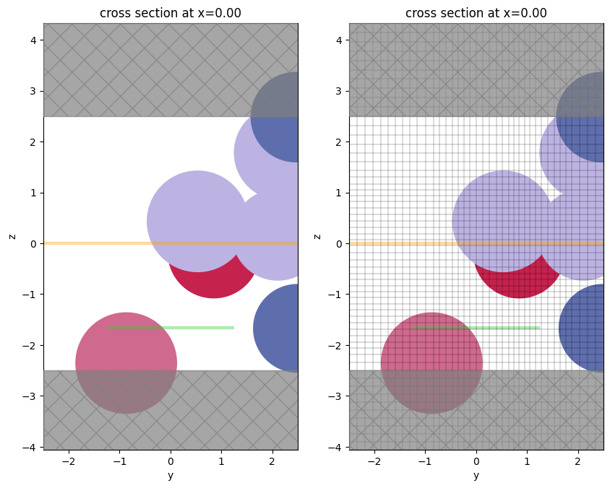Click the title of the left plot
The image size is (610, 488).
click(x=171, y=13)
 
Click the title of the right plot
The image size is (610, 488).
click(x=476, y=13)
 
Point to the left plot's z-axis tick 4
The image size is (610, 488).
click(x=32, y=40)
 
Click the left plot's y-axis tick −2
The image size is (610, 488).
click(x=69, y=461)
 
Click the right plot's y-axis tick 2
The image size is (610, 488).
click(x=577, y=461)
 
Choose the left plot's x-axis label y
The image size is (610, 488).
click(x=171, y=475)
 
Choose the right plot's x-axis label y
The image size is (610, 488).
click(x=476, y=475)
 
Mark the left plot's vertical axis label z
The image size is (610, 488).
click(x=12, y=236)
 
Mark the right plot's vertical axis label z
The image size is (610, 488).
click(x=317, y=236)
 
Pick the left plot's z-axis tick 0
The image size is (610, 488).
click(x=32, y=244)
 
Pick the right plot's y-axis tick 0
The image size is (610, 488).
click(x=476, y=461)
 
